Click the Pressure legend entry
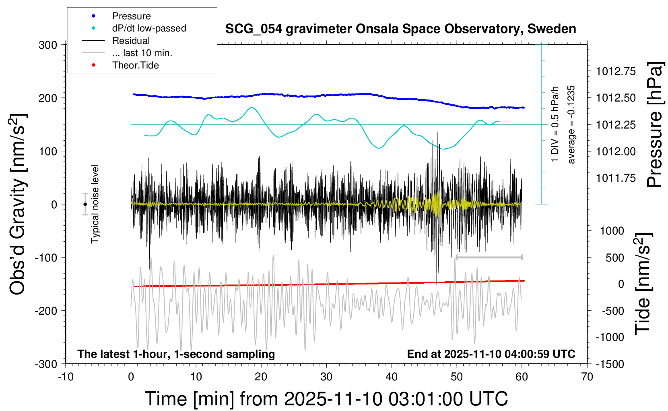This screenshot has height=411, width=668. point(131,16)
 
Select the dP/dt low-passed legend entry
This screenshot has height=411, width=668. point(149,28)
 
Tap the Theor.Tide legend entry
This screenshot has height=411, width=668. point(135,65)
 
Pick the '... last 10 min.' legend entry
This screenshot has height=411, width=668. point(142,53)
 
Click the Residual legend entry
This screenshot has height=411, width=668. point(131,41)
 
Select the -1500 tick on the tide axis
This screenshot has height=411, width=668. point(610,364)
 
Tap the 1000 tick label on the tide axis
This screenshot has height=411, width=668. point(612,231)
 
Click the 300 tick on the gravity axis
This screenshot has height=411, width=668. point(48,45)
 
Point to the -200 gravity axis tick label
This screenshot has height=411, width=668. point(45,311)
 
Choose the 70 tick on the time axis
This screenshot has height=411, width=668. point(587,377)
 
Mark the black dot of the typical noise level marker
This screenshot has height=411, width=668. point(85,204)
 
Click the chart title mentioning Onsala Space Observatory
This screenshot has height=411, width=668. point(400,29)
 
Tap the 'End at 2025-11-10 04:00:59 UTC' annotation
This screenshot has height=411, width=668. point(491,354)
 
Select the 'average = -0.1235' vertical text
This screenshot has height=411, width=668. point(571,125)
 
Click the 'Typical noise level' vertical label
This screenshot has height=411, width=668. point(95,204)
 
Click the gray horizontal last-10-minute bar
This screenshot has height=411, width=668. point(489,257)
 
